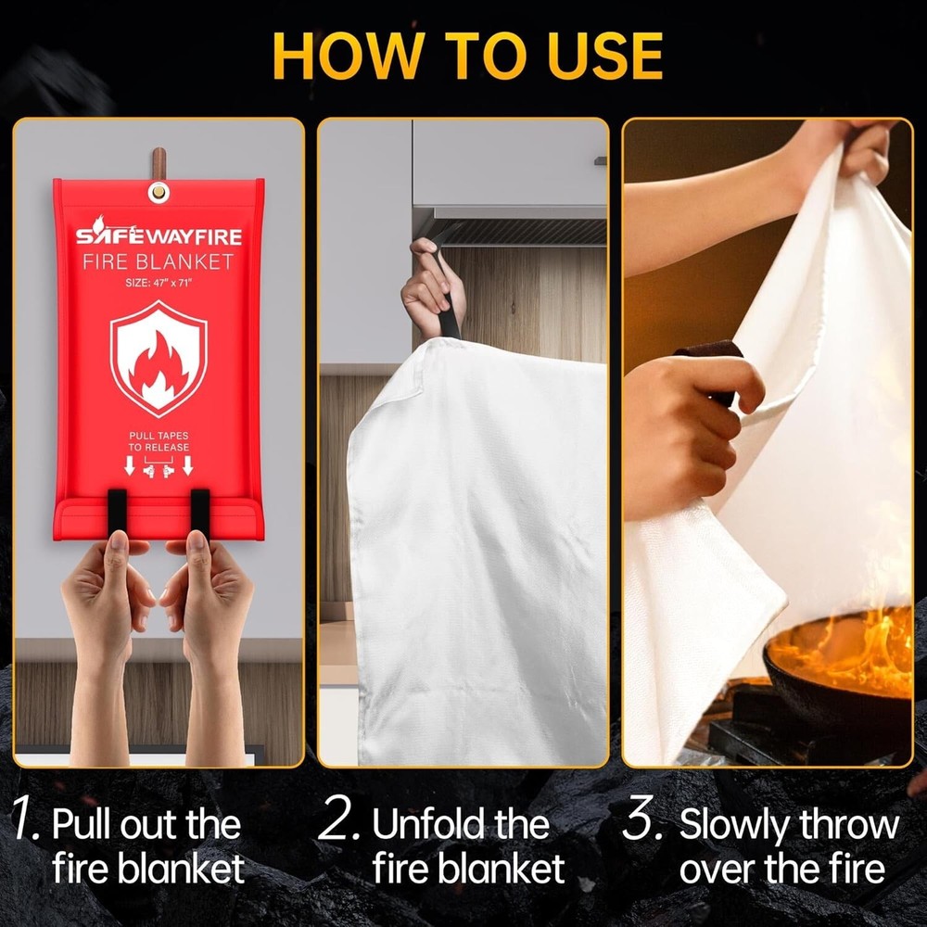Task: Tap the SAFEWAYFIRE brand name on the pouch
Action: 159,236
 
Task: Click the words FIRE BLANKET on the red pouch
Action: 159,262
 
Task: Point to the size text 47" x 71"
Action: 159,284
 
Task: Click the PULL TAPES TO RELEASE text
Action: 159,440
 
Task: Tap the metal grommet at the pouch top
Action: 159,192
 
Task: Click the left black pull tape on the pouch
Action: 118,511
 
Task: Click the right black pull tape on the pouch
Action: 200,511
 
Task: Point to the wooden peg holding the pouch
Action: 159,161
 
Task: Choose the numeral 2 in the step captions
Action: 338,823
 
